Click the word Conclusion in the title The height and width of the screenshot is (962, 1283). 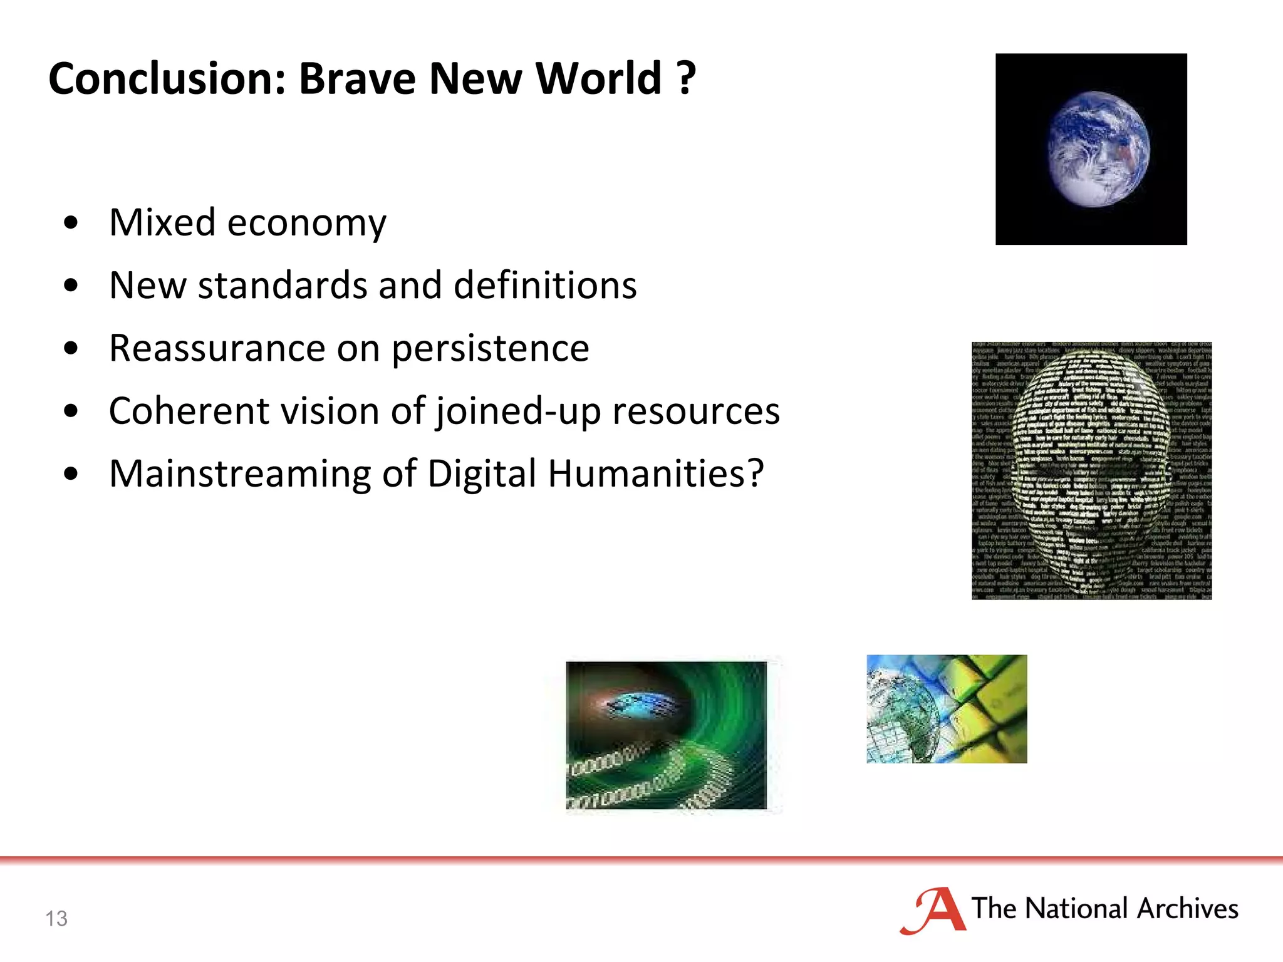point(167,79)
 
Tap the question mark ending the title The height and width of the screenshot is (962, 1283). point(686,79)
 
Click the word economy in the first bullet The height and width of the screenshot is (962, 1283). point(306,224)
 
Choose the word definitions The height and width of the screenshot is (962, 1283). point(544,286)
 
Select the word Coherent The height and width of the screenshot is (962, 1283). point(189,411)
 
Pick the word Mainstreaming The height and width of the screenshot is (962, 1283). point(240,474)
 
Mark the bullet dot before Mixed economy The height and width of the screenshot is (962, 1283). point(71,223)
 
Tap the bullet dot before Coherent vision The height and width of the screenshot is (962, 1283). point(71,411)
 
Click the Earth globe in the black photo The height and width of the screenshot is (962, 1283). point(1098,149)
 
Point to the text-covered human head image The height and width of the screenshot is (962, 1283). point(1091,470)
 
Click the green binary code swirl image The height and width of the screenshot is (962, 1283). point(666,735)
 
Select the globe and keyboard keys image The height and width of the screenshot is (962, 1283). point(946,708)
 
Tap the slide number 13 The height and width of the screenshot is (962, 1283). point(56,918)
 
